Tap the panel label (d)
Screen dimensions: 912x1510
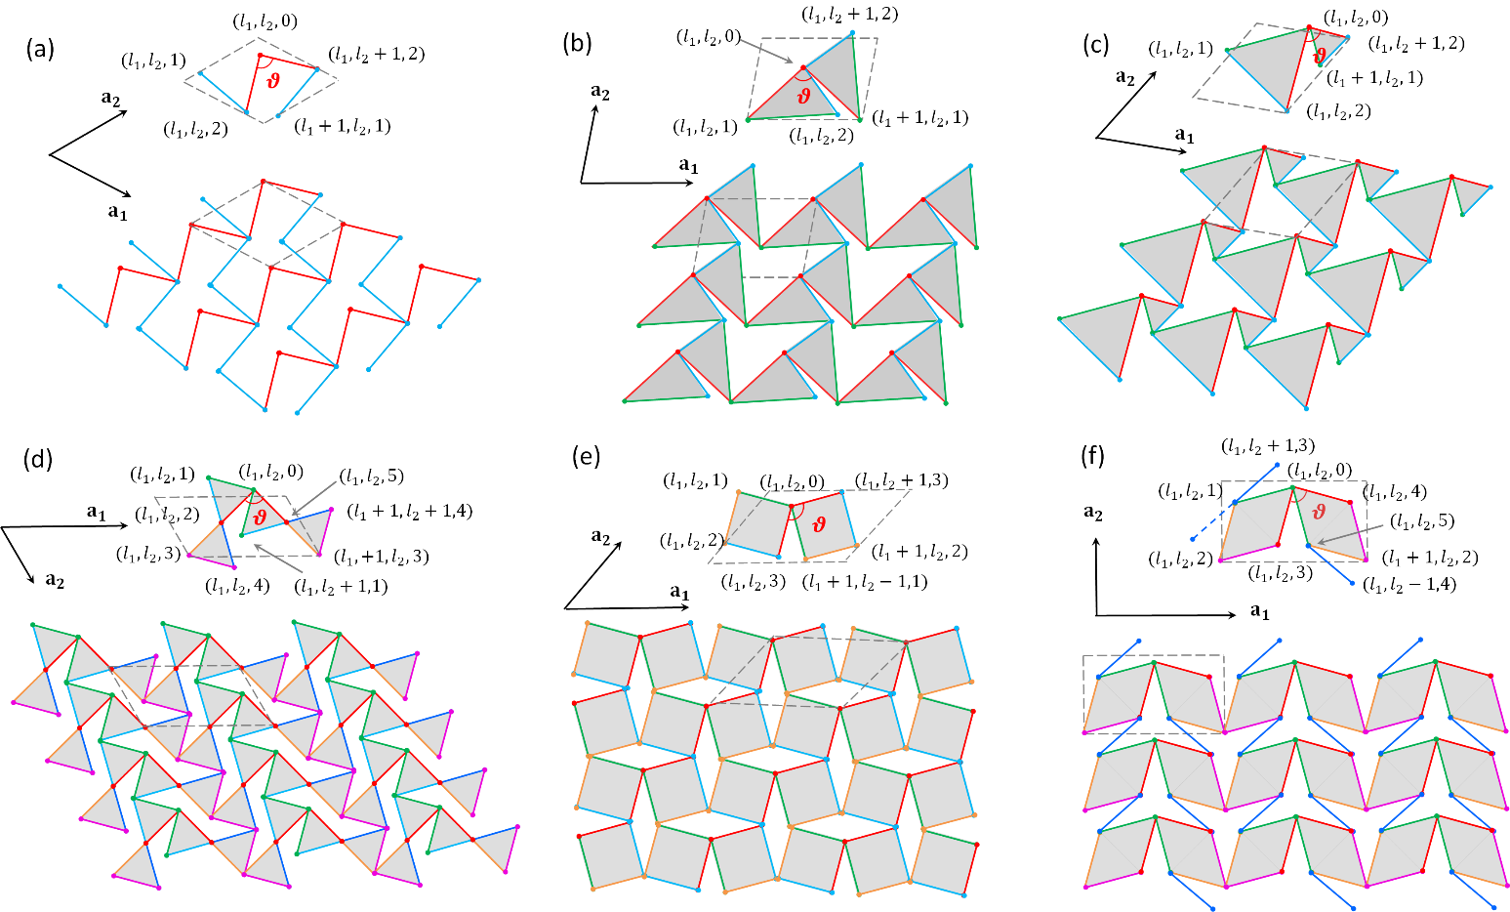coord(40,459)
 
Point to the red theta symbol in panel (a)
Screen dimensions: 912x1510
coord(273,80)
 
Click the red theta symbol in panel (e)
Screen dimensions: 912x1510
coord(819,523)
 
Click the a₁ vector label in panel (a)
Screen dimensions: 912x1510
coord(117,213)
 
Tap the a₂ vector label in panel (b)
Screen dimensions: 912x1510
coord(600,93)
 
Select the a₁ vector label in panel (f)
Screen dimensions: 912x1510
coord(1260,612)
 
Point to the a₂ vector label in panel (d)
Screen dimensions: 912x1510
coord(55,580)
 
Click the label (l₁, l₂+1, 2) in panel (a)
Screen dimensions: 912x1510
coord(377,55)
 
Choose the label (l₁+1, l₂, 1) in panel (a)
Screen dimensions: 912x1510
coord(342,126)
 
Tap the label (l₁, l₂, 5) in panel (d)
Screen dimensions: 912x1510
coord(371,477)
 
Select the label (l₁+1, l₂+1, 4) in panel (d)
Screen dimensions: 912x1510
coord(410,511)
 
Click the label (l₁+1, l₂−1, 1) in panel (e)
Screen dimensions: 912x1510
coord(865,582)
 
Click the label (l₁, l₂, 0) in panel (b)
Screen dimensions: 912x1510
coord(708,37)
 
